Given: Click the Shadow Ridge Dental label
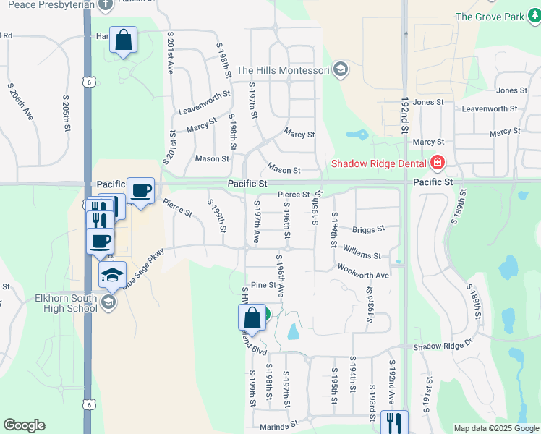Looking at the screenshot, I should coord(380,163).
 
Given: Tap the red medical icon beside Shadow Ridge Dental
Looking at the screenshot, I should coord(437,162).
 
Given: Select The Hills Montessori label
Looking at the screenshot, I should coord(283,70).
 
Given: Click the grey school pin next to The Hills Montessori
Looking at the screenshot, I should coord(341,70).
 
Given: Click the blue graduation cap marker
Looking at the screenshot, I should coord(112,275).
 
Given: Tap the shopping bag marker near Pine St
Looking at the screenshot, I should coord(252,317).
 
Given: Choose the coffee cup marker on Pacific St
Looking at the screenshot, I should coord(140,191).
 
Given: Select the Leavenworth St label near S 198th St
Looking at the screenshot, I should coord(205,112).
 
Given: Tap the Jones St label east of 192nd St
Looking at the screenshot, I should coord(511,90).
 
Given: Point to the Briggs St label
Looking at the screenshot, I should coord(367,230).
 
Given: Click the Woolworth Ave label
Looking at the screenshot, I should coord(363,276).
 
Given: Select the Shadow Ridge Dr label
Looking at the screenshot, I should coord(443,347).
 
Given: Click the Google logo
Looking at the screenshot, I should coord(24,425).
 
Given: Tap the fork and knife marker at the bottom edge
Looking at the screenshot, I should coord(394,422).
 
